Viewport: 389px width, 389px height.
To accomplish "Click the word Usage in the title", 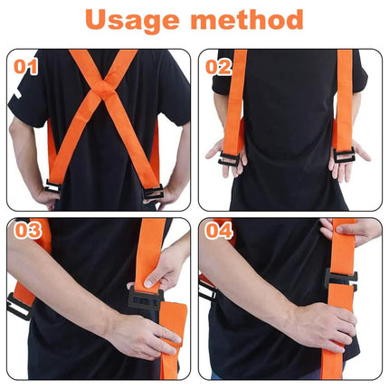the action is [x=132, y=20].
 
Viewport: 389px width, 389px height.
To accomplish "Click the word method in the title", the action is [x=247, y=19].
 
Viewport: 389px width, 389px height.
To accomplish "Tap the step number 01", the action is [x=25, y=67].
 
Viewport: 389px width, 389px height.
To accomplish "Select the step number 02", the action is [x=218, y=67].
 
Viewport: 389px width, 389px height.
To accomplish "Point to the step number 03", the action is [x=28, y=231].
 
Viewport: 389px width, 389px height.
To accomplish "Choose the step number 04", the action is [x=219, y=231].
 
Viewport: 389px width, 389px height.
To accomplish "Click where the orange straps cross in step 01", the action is [x=103, y=89].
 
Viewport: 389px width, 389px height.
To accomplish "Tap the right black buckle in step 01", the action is [x=154, y=192].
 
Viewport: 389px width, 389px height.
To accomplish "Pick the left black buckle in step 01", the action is [x=52, y=186].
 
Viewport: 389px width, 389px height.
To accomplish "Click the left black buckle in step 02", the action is [x=229, y=158].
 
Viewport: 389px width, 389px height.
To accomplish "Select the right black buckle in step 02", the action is [x=344, y=155].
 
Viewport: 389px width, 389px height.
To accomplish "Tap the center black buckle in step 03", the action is [x=146, y=299].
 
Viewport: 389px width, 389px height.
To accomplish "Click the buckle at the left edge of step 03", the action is [x=18, y=307].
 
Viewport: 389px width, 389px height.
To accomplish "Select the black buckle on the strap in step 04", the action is [x=340, y=279].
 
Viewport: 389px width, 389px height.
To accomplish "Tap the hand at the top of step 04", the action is [x=350, y=231].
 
